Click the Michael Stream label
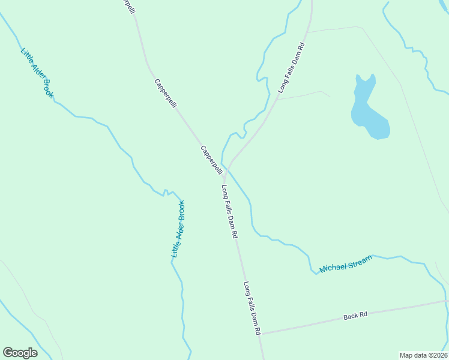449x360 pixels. [x=346, y=264]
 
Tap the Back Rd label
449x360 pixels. [x=355, y=315]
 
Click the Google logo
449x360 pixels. [x=20, y=352]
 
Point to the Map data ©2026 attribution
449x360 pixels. [x=423, y=355]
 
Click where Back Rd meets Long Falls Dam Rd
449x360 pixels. [x=262, y=334]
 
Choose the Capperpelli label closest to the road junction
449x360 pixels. [x=211, y=160]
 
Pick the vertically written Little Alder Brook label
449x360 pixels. [x=178, y=229]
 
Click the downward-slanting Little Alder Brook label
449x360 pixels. [x=37, y=73]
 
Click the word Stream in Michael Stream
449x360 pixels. [x=359, y=261]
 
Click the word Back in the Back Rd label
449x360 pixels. [x=350, y=316]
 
